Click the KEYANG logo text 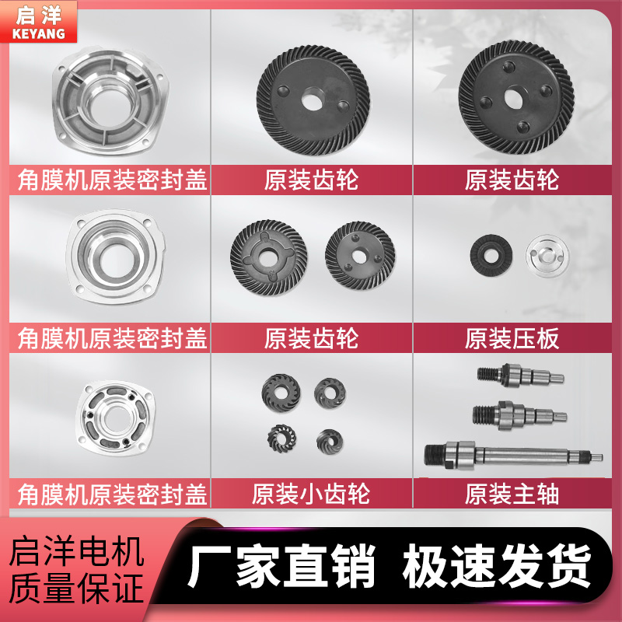click(39, 33)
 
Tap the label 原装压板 click(512, 338)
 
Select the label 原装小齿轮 click(311, 494)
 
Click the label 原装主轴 click(512, 494)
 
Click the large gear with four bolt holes click(516, 96)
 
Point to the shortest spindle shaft click(519, 376)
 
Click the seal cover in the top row click(108, 99)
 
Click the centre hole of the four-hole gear click(515, 97)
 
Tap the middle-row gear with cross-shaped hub click(269, 253)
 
